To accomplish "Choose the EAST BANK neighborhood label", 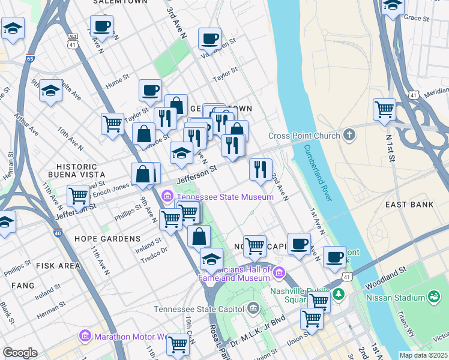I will pyautogui.click(x=410, y=205).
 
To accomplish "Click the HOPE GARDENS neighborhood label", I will pyautogui.click(x=107, y=239).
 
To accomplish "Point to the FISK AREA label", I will pyautogui.click(x=58, y=265).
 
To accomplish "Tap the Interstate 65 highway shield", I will pyautogui.click(x=31, y=58).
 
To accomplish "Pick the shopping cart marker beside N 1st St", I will pyautogui.click(x=384, y=109).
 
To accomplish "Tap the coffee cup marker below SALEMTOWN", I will pyautogui.click(x=101, y=26).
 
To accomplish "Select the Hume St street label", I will pyautogui.click(x=118, y=77).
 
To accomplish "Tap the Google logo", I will pyautogui.click(x=20, y=353).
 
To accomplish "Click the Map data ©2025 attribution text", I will pyautogui.click(x=423, y=355).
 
